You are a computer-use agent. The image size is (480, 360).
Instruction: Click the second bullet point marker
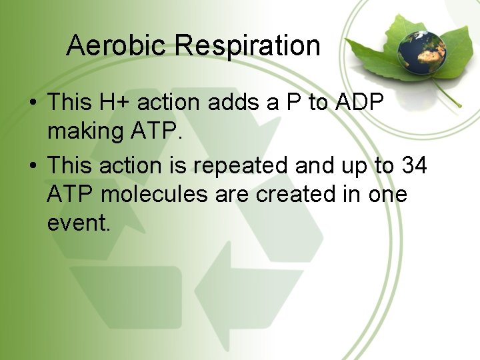click(x=32, y=165)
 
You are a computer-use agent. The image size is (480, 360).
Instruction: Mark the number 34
click(x=413, y=165)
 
